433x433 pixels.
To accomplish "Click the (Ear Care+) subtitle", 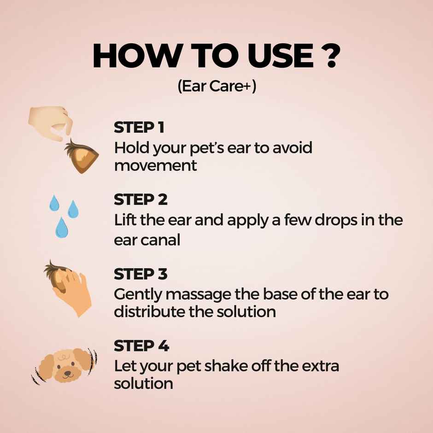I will pos(216,87).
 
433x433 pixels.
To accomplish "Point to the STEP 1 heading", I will pos(139,128).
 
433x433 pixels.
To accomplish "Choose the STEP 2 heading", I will pos(140,200).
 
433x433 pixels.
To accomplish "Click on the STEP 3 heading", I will pos(140,274).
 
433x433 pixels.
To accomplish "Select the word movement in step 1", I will pos(156,165).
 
